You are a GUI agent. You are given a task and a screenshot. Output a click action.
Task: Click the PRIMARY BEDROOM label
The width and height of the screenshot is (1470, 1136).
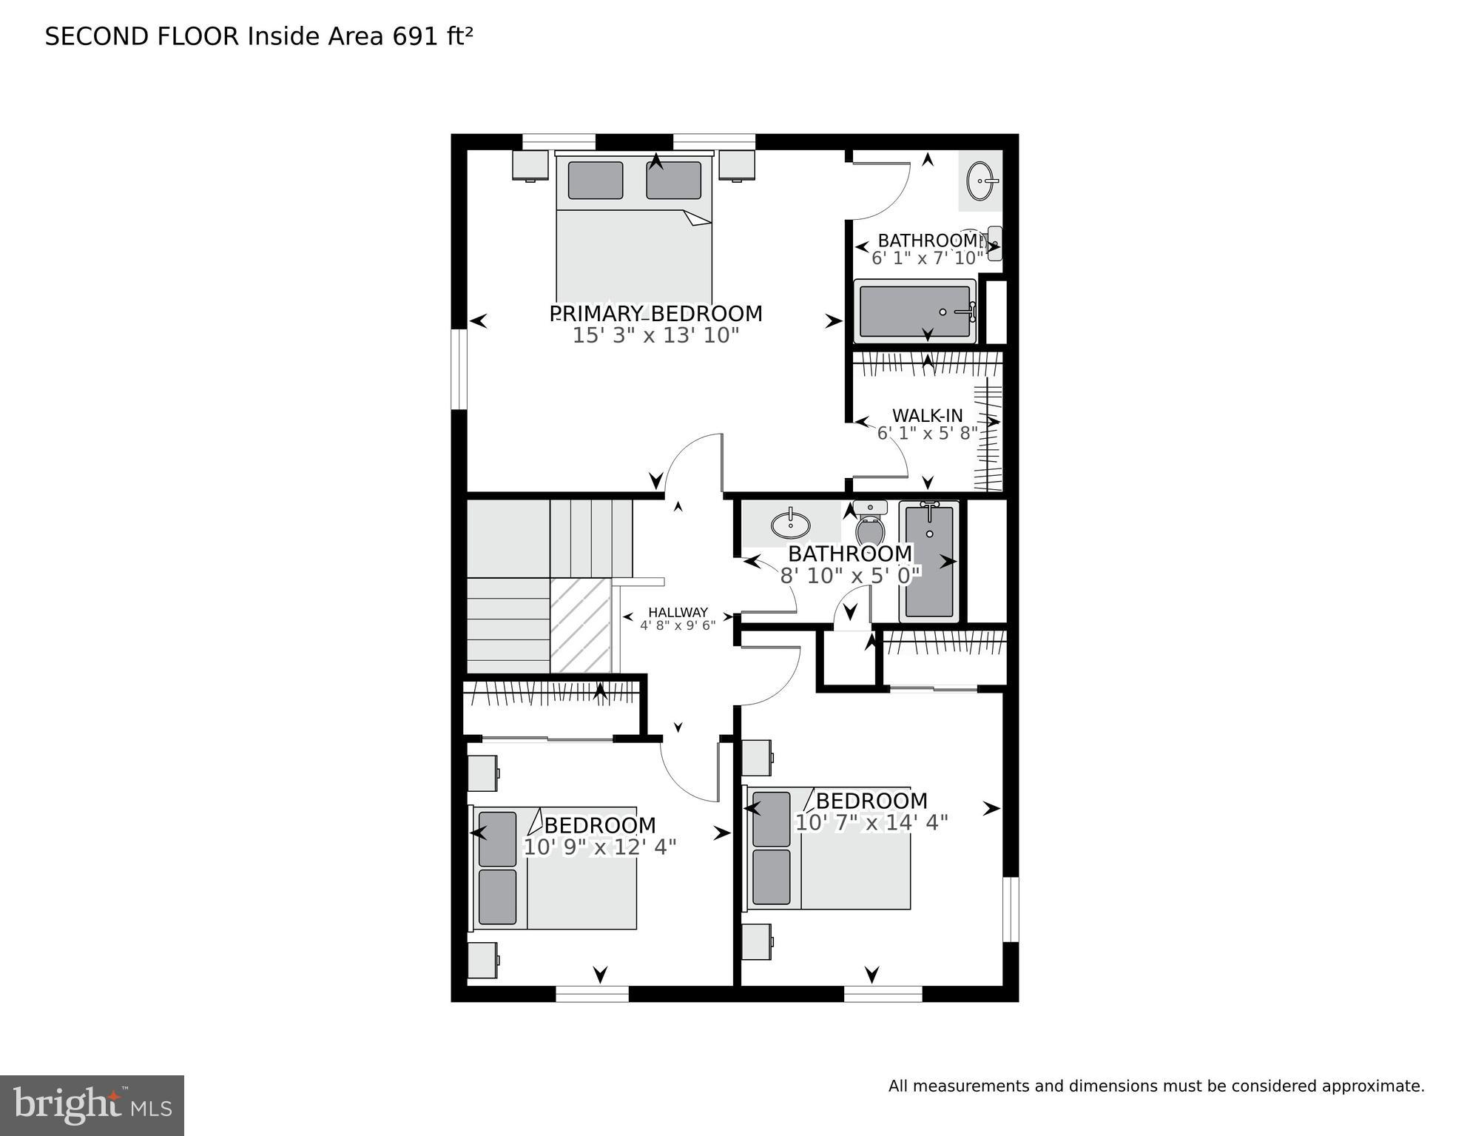click(655, 314)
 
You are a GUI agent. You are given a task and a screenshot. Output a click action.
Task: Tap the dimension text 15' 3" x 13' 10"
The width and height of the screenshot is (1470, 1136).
click(655, 335)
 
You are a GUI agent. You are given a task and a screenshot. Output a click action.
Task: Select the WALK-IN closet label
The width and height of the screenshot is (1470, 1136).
click(927, 415)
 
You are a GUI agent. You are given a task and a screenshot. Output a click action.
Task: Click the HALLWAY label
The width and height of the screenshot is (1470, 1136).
click(678, 612)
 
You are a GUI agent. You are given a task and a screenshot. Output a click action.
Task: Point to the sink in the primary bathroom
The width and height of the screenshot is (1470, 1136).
click(982, 181)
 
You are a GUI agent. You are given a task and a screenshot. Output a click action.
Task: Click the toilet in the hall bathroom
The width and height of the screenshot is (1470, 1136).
click(870, 524)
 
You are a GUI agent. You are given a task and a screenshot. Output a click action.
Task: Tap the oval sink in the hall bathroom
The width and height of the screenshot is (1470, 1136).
click(790, 525)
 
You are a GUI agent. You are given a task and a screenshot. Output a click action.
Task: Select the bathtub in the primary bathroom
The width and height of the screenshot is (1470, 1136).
click(914, 312)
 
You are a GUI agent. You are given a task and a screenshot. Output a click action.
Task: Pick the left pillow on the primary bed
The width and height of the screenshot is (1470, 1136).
click(595, 181)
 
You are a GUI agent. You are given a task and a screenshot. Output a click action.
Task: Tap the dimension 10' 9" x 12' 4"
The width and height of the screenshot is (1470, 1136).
click(599, 847)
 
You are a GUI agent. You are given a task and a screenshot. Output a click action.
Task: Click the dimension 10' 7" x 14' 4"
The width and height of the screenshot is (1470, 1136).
click(871, 822)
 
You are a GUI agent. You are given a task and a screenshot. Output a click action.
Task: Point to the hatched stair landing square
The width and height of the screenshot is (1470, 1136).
click(580, 625)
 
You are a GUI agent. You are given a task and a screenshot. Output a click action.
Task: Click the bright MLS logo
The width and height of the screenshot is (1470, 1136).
click(92, 1105)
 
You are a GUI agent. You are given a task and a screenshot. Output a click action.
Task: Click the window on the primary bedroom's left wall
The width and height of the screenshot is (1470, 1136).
click(459, 369)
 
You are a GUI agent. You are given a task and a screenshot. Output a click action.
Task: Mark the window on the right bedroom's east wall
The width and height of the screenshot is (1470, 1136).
click(1011, 909)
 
